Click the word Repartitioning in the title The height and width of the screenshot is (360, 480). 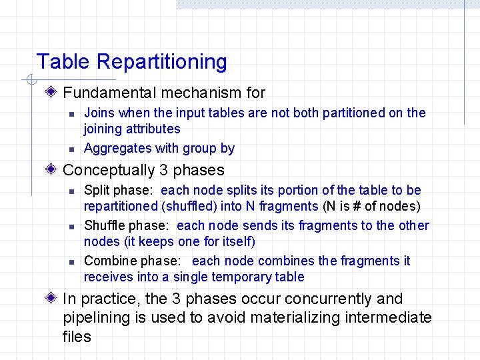pyautogui.click(x=162, y=62)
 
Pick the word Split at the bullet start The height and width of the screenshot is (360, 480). pyautogui.click(x=97, y=191)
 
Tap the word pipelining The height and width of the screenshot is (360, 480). pyautogui.click(x=96, y=318)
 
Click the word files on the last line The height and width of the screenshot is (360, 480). pyautogui.click(x=77, y=337)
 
